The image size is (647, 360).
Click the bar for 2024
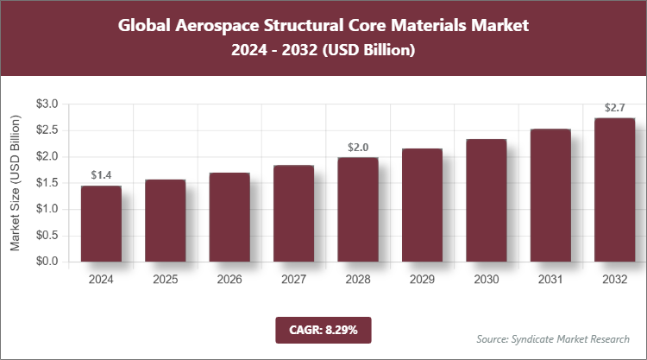click(101, 224)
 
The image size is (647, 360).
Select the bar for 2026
click(229, 217)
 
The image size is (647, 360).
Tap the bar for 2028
click(357, 209)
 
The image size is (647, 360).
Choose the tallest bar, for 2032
click(614, 190)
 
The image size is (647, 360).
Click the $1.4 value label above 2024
click(101, 175)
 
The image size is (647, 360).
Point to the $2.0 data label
click(357, 148)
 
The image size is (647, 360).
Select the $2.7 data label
click(614, 108)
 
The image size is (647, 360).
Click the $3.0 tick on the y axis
click(47, 104)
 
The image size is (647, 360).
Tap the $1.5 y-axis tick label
click(47, 183)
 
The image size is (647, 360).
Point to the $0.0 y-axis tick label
click(47, 262)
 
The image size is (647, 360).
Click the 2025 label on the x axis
click(166, 279)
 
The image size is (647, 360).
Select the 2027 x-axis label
click(293, 279)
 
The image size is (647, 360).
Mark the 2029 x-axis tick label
click(422, 279)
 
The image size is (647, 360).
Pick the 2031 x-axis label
click(550, 279)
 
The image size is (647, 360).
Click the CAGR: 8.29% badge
click(323, 329)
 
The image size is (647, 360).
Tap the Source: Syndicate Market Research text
click(552, 338)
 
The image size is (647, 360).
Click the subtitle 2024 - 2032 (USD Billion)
click(323, 51)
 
